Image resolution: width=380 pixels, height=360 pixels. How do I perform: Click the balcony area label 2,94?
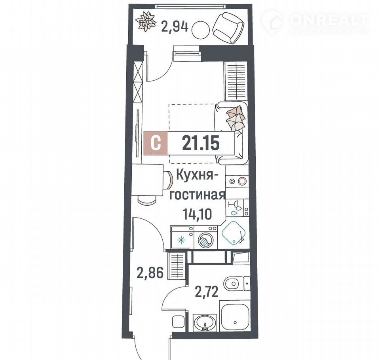pos(175,27)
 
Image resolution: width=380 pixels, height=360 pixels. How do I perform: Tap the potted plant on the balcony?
pos(145,22)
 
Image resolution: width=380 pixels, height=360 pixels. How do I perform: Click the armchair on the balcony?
pos(228,28)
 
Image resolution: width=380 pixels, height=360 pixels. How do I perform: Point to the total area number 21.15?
pos(201,143)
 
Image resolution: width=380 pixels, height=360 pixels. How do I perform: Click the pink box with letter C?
pos(156,143)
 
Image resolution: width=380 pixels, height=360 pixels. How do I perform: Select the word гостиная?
pos(197,195)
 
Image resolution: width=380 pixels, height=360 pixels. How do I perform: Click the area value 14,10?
pos(197,214)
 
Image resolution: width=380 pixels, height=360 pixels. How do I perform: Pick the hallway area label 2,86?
pos(150,273)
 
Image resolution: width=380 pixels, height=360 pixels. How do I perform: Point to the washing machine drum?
pos(205,241)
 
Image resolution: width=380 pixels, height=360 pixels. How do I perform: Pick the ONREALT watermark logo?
pos(315,21)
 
